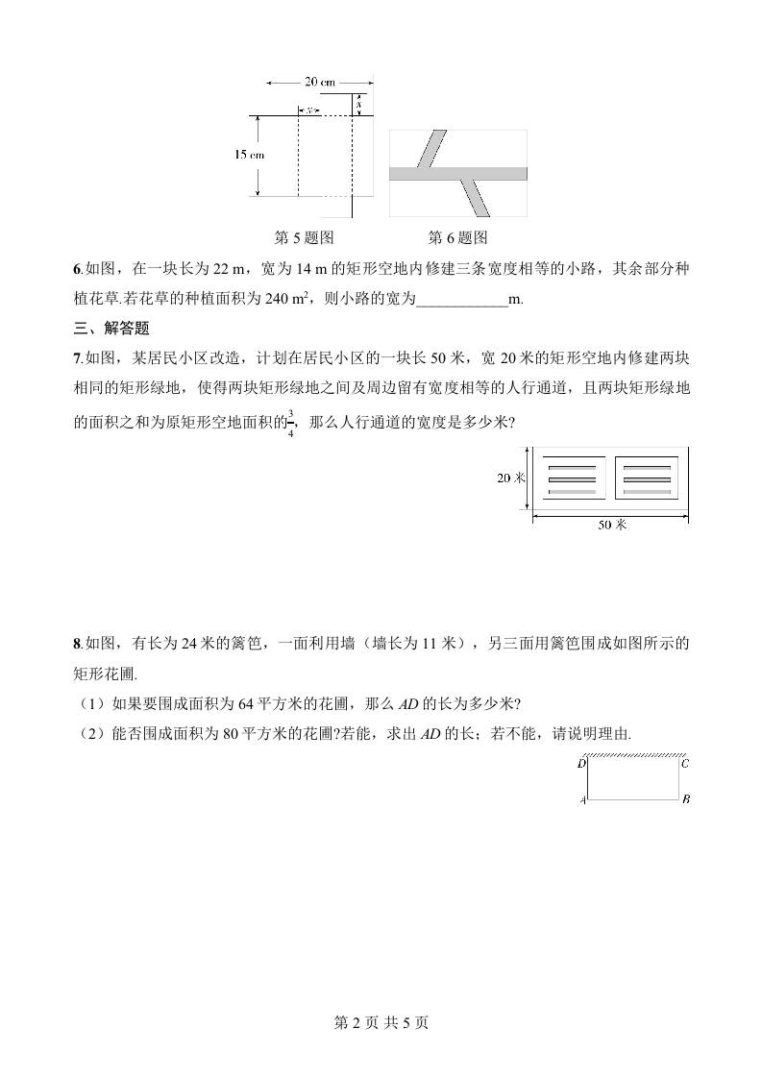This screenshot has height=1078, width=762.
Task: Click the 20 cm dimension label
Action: [x=319, y=83]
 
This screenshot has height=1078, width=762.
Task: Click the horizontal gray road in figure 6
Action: [x=457, y=173]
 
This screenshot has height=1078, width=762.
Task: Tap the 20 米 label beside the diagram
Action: [x=510, y=478]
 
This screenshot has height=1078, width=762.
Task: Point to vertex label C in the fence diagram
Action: [x=684, y=764]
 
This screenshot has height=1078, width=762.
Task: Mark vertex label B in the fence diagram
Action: [x=685, y=799]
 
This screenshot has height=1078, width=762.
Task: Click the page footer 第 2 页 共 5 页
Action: [x=381, y=1022]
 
